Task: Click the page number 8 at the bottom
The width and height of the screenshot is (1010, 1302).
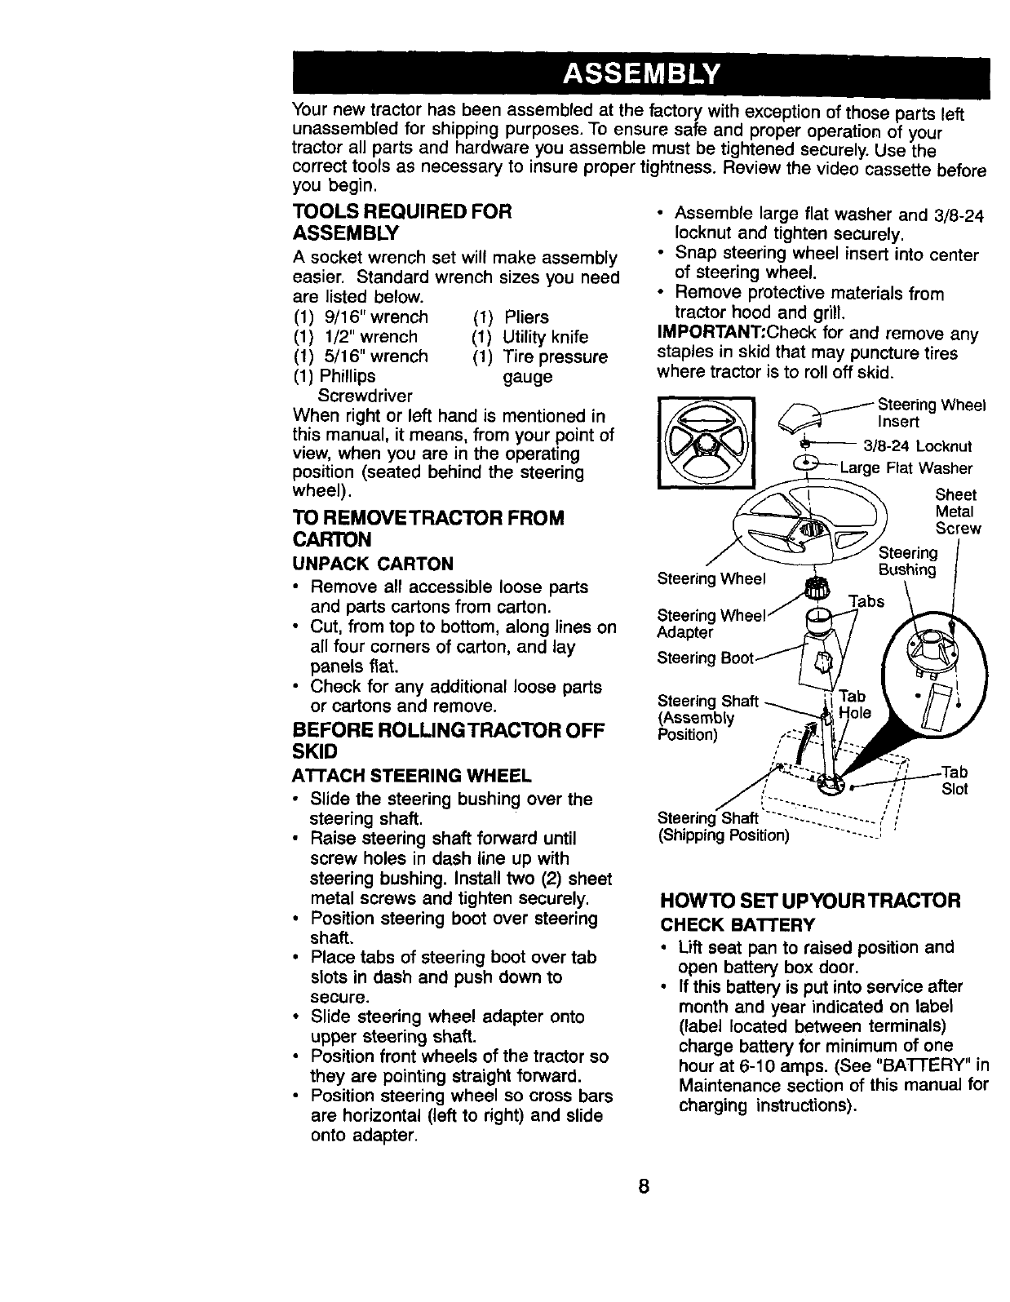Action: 643,1186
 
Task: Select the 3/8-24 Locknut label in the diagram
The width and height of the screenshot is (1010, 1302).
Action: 917,446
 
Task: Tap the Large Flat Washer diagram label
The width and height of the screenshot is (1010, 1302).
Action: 906,468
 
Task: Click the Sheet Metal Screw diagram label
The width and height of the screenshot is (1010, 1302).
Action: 957,511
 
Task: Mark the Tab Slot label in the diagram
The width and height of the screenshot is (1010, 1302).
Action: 955,780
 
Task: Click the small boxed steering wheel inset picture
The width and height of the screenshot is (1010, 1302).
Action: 706,441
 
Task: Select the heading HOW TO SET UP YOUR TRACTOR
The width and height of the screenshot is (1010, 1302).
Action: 810,901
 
